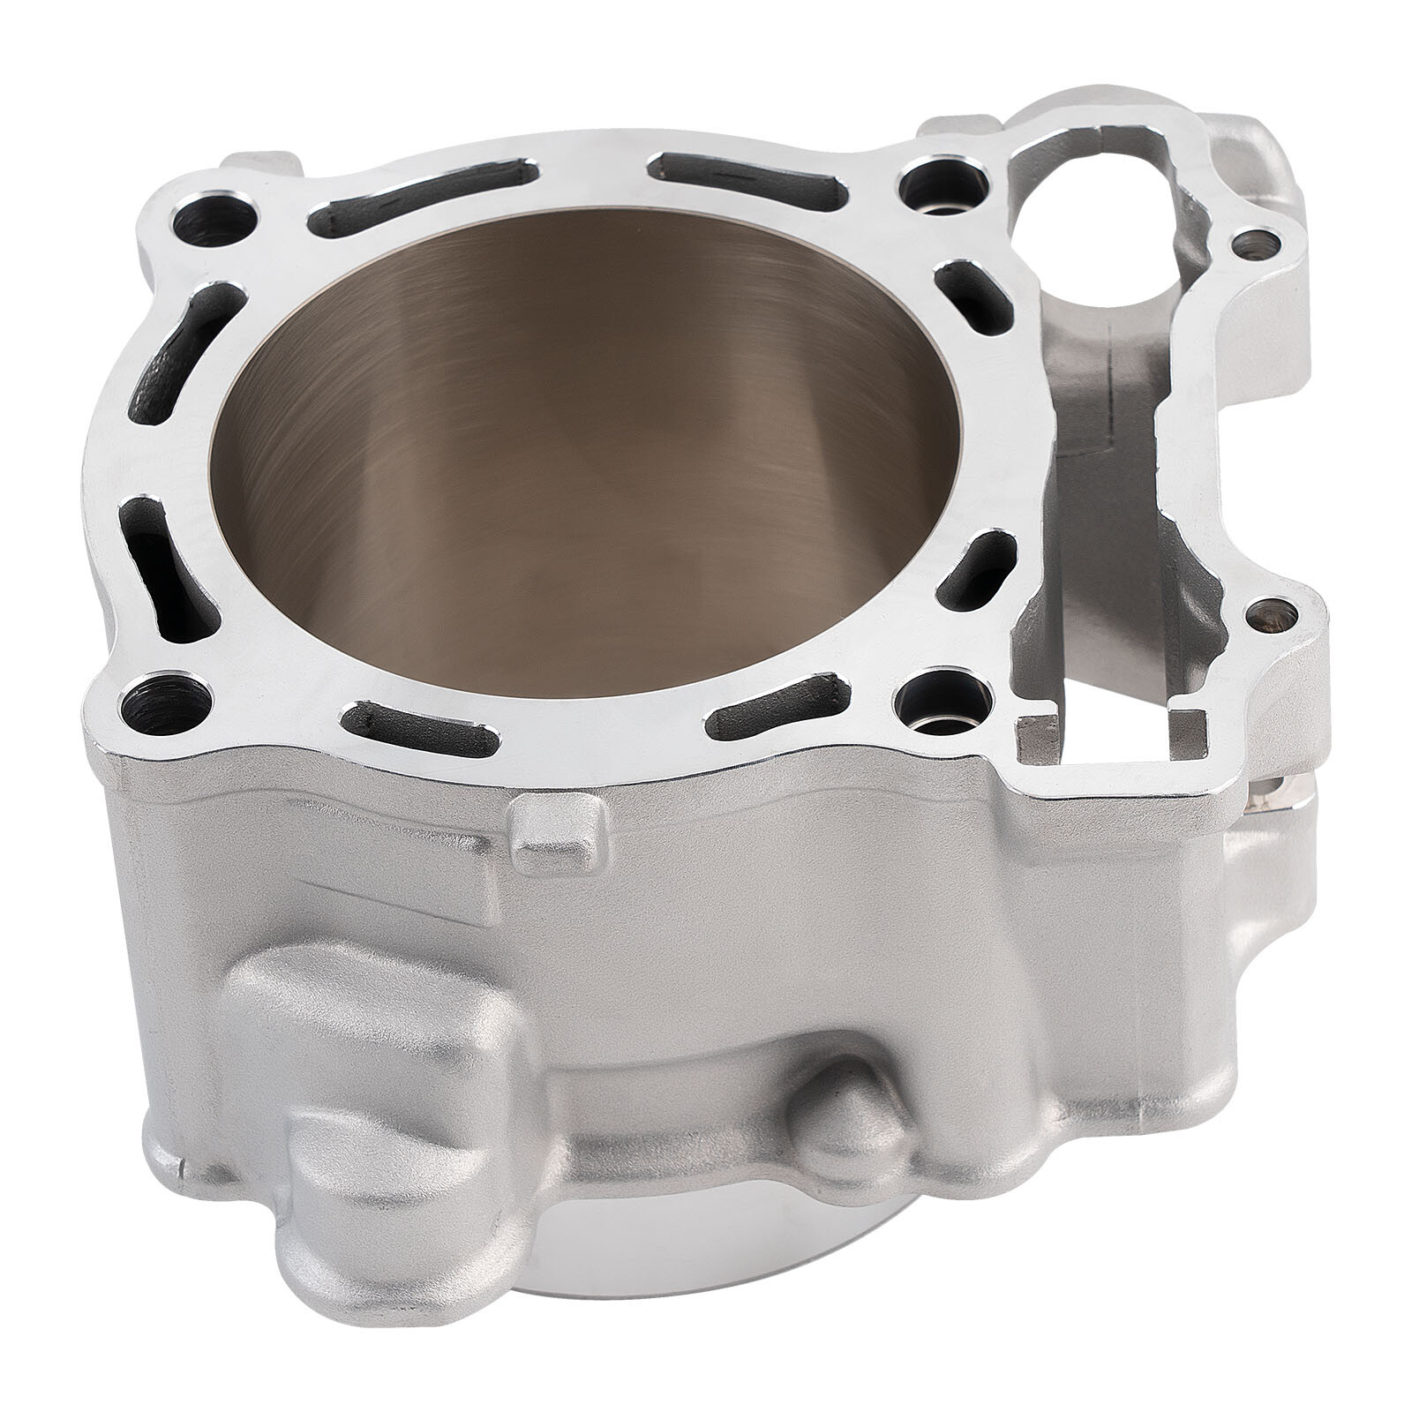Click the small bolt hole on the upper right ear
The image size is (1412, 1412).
[x=1250, y=239]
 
